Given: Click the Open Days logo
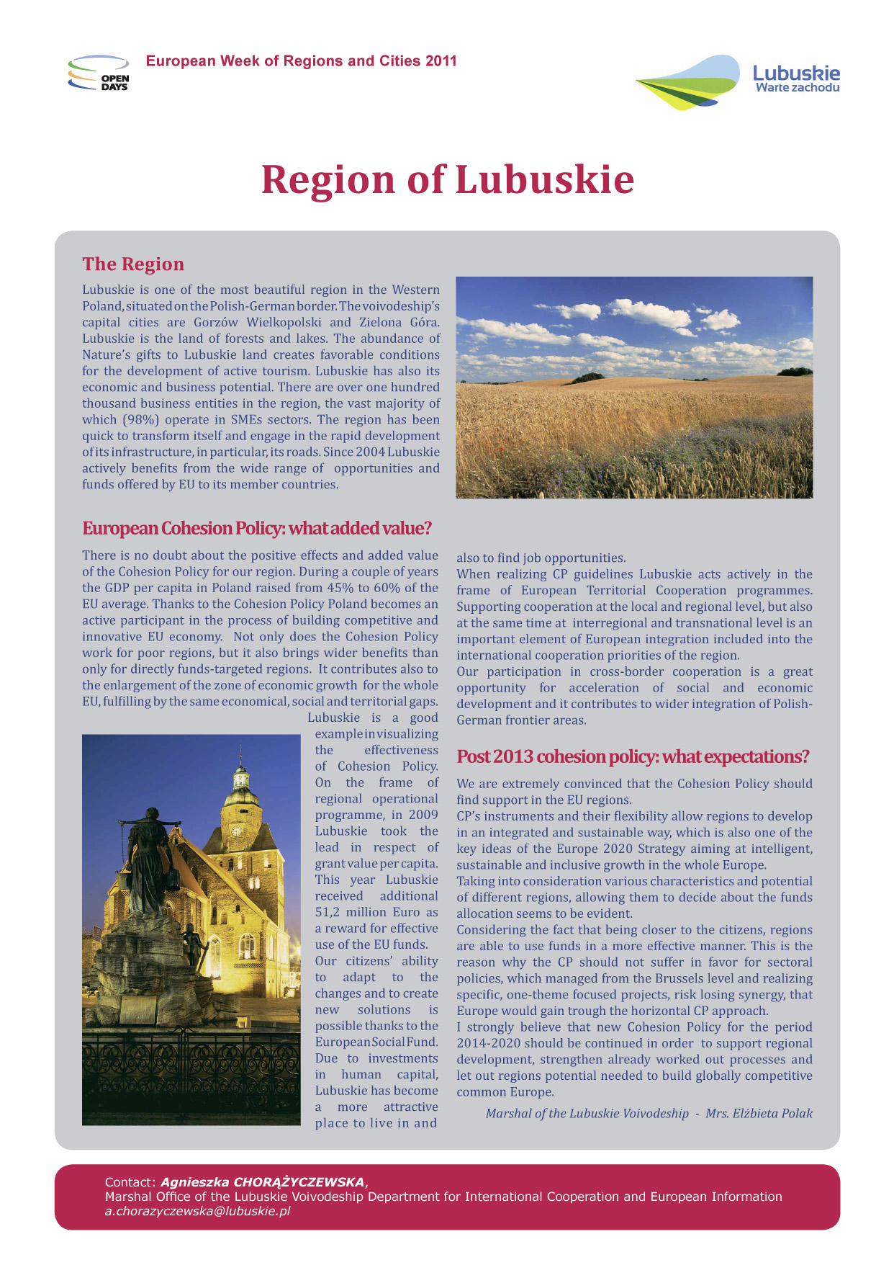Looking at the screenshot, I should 99,73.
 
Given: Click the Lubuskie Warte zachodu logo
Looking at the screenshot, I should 737,81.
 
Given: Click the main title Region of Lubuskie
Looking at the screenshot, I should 447,179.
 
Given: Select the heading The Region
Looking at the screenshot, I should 133,264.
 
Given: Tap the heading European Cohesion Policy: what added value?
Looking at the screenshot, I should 257,529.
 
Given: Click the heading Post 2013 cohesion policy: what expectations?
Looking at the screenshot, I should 633,757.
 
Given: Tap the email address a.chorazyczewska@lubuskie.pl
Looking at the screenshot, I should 197,1211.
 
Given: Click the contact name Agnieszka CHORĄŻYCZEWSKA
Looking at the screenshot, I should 263,1182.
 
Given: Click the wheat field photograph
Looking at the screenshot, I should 634,388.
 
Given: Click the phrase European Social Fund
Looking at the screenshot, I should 376,1042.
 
